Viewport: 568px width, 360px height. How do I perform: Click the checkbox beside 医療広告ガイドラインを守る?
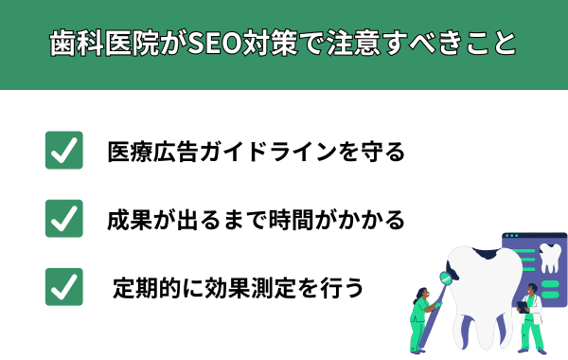64,151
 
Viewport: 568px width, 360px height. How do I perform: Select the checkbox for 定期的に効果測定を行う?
64,286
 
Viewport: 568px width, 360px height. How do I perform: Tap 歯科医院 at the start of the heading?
101,45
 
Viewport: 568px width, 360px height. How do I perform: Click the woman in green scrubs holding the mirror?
420,320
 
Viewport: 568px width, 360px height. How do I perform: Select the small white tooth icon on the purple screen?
548,258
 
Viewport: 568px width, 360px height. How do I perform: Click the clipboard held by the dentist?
521,307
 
